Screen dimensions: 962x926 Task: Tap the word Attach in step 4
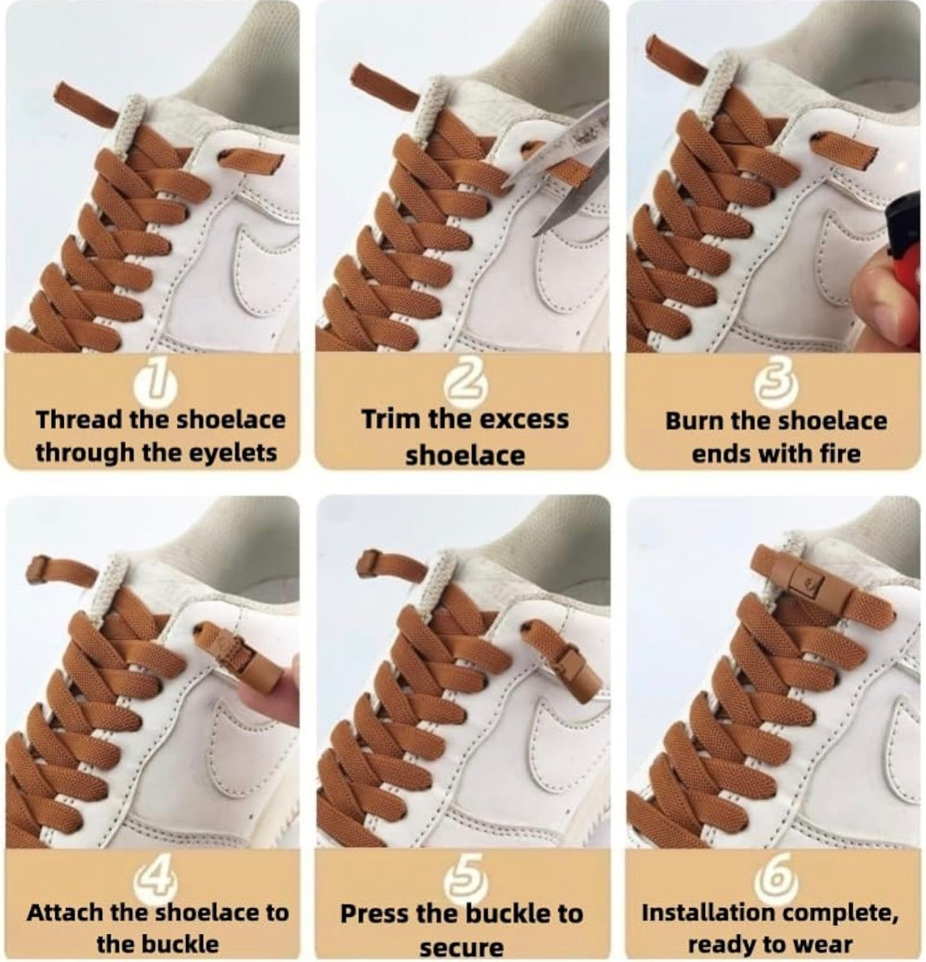65,913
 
